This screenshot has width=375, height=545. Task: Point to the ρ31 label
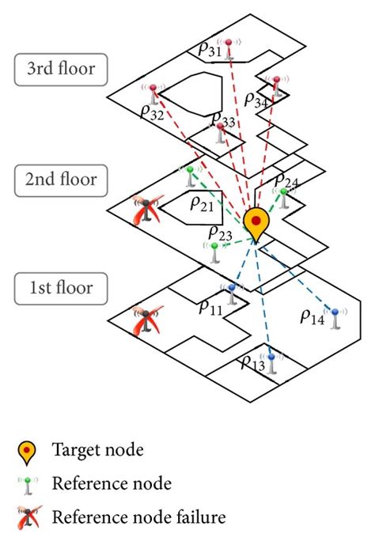[x=210, y=51]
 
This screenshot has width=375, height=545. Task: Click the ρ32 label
[x=152, y=113]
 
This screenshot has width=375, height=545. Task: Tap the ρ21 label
[x=201, y=204]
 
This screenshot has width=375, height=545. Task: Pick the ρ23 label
[x=220, y=233]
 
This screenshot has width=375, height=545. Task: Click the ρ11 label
[x=210, y=309]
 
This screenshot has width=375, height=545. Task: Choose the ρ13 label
[x=252, y=363]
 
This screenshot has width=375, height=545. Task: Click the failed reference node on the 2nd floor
[x=146, y=212]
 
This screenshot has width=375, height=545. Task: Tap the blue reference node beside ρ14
[x=335, y=319]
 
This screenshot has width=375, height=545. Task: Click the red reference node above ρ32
[x=153, y=92]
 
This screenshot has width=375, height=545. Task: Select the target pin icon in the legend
[x=27, y=452]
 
